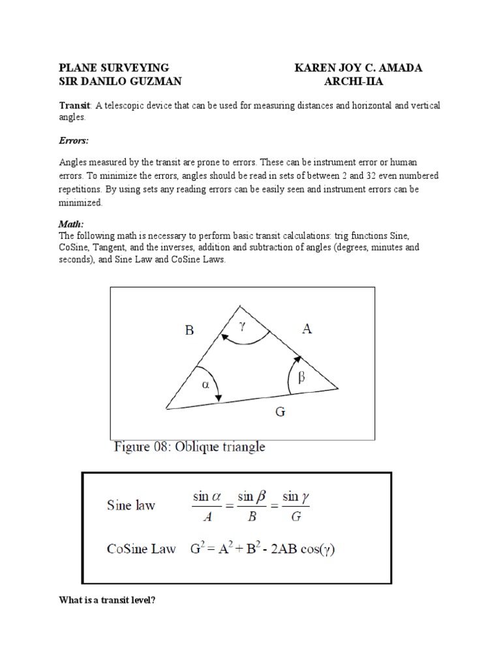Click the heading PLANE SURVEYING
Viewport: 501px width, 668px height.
coord(114,68)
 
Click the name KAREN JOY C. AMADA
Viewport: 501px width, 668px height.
coord(358,68)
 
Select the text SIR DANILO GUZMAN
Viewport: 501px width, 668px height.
coord(120,81)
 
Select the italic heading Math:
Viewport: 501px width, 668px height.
coord(71,224)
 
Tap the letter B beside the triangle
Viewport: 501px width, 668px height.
coord(189,331)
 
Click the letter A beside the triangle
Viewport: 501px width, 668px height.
coord(307,329)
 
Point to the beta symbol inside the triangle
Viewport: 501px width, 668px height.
coord(301,377)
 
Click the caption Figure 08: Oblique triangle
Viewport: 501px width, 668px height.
coord(190,448)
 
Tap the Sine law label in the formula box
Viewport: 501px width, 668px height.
coord(131,506)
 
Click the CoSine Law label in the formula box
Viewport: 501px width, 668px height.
coord(142,549)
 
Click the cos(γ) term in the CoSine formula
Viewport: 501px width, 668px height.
coord(316,549)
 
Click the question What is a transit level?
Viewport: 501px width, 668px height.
coord(107,600)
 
